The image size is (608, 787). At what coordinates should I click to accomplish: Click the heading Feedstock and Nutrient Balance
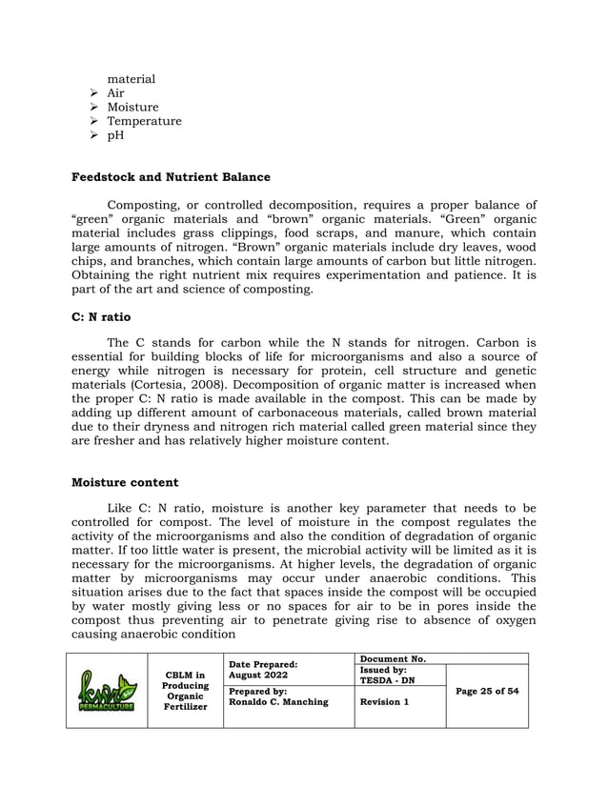(171, 177)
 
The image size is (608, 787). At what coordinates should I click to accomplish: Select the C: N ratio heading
(101, 316)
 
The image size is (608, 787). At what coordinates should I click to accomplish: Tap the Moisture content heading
(124, 483)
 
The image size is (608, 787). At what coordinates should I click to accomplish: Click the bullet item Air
(115, 93)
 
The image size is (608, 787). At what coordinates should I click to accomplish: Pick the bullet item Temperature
(144, 121)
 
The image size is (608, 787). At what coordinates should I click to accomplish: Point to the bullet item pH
(115, 135)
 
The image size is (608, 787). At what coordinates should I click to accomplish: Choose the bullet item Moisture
(132, 108)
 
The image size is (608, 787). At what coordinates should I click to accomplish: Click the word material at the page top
(131, 79)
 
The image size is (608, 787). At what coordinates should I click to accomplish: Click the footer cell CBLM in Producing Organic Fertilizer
(185, 691)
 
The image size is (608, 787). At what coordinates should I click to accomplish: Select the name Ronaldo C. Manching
(278, 702)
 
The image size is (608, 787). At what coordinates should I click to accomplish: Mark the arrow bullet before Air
(92, 93)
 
